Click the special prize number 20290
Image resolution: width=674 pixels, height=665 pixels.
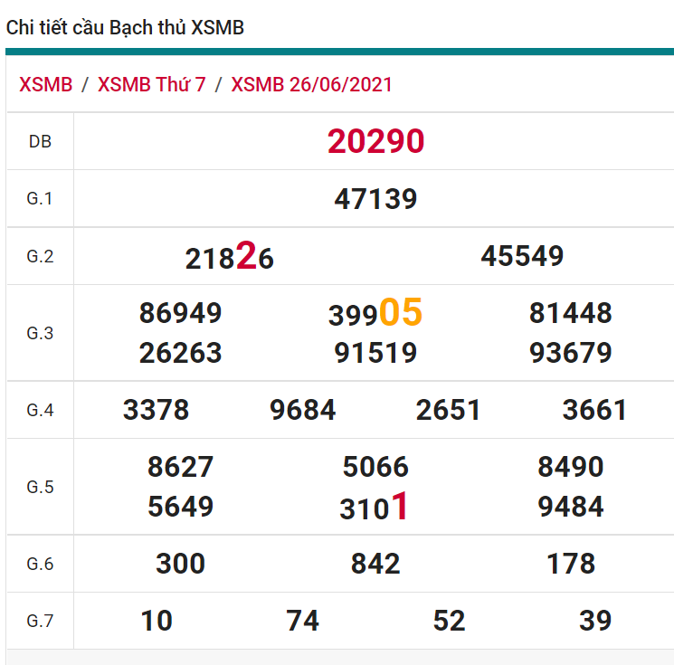pyautogui.click(x=375, y=141)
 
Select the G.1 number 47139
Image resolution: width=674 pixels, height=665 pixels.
pyautogui.click(x=375, y=199)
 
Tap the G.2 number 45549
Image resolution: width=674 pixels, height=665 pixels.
pyautogui.click(x=522, y=256)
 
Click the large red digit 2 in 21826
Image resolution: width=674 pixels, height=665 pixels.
pyautogui.click(x=246, y=258)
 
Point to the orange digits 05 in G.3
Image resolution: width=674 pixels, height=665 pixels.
pyautogui.click(x=401, y=312)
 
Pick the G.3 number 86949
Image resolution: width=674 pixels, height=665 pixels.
pyautogui.click(x=180, y=313)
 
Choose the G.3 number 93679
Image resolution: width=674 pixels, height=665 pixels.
pyautogui.click(x=570, y=353)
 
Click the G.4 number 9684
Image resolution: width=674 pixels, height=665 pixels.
pyautogui.click(x=302, y=411)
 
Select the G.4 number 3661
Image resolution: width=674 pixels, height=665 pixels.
pyautogui.click(x=594, y=411)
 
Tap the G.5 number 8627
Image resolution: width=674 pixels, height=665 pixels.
pyautogui.click(x=180, y=467)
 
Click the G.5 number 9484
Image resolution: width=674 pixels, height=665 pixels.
pyautogui.click(x=570, y=507)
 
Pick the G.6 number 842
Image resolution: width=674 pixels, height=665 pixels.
pyautogui.click(x=375, y=565)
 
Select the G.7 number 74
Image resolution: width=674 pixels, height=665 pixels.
pyautogui.click(x=302, y=621)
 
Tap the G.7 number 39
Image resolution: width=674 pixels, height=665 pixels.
pyautogui.click(x=595, y=621)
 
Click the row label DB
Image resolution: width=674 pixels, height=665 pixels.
pyautogui.click(x=40, y=142)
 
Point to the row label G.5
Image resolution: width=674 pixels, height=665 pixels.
pyautogui.click(x=40, y=488)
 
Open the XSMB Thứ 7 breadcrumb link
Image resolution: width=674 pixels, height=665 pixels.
pyautogui.click(x=151, y=85)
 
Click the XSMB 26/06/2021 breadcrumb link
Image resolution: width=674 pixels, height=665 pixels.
pyautogui.click(x=311, y=85)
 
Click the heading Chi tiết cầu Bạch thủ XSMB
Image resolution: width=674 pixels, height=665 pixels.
pyautogui.click(x=125, y=28)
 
